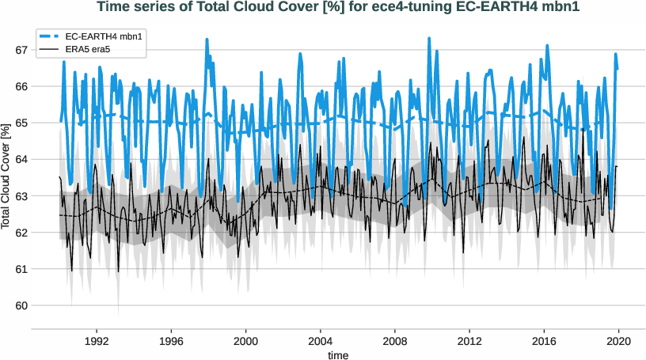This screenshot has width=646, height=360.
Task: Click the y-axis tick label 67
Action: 21,50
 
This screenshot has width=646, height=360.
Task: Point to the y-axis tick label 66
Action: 21,86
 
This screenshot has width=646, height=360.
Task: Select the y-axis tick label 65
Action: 21,123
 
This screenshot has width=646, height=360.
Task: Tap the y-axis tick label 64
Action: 21,159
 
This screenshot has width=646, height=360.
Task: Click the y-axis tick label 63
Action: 21,196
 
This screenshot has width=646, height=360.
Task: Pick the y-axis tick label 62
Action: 21,233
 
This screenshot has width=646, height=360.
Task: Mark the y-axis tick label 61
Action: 21,269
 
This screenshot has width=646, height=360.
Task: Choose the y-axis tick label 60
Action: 21,305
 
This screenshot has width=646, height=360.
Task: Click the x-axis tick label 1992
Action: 97,341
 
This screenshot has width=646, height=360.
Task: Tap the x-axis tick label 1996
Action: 171,341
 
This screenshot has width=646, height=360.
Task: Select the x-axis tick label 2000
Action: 245,341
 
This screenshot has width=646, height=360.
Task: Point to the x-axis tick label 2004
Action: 320,341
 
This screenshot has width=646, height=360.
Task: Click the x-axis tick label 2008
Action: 394,341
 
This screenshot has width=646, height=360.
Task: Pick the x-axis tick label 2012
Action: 469,341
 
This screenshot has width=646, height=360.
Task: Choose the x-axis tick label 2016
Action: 543,341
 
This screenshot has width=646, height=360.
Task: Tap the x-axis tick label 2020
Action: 617,341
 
